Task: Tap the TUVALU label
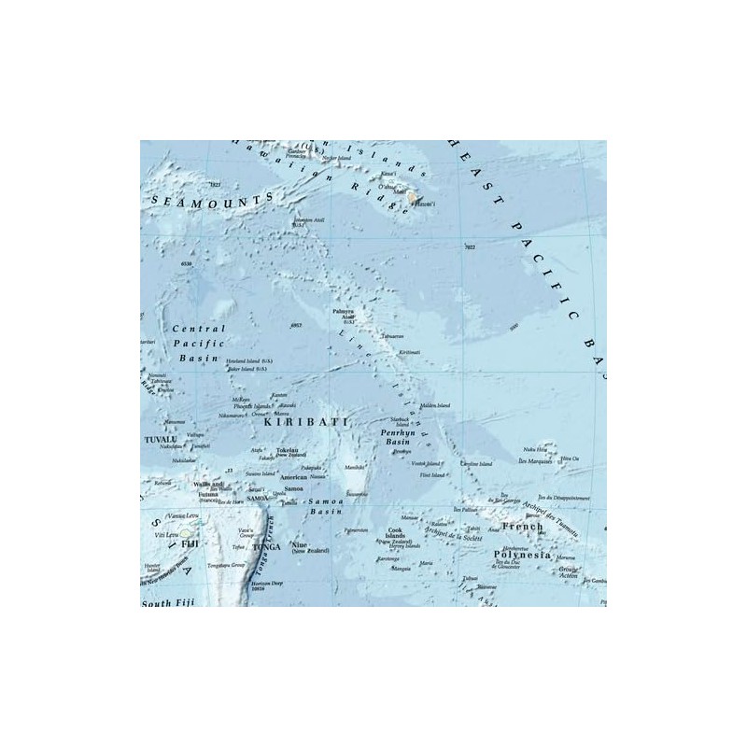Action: [160, 438]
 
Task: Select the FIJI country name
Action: [190, 543]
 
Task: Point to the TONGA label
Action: [266, 546]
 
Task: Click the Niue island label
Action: [299, 543]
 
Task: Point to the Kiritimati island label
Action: [410, 352]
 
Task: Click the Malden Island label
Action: [436, 405]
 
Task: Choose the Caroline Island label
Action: [476, 463]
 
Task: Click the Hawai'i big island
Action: [412, 198]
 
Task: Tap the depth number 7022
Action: [470, 247]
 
